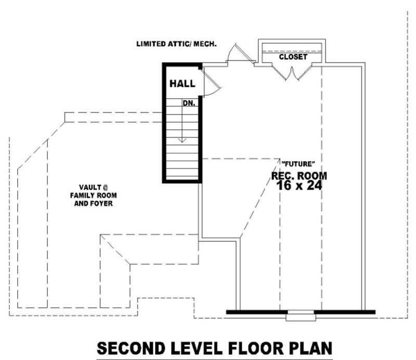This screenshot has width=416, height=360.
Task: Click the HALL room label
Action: pos(182,84)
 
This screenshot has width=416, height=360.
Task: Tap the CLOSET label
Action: pos(293,57)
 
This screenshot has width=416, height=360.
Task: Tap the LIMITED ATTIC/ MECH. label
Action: pos(176,44)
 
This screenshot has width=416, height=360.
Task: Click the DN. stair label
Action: pos(189,103)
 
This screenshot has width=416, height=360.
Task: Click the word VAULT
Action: pos(89,187)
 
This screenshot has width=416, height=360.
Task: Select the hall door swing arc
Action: pos(211,86)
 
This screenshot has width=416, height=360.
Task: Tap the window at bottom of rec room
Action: pos(297,313)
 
